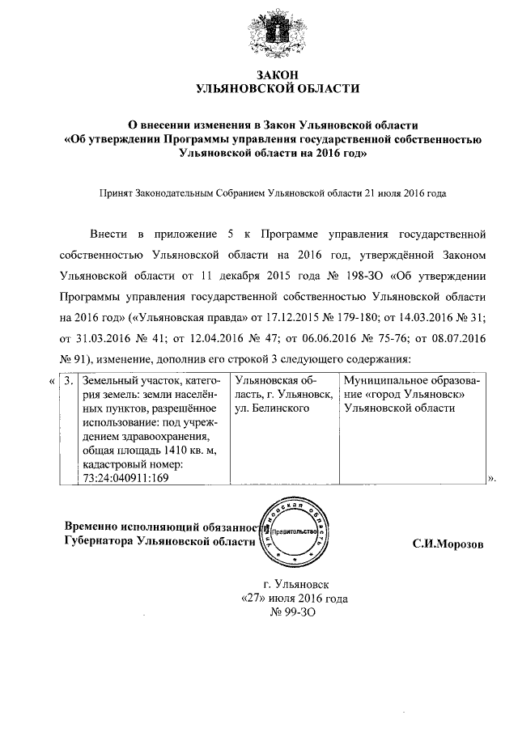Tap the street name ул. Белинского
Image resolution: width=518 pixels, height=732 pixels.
(273, 408)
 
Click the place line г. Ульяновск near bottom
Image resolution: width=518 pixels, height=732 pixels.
(296, 583)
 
